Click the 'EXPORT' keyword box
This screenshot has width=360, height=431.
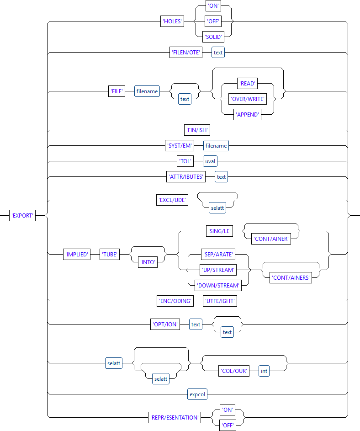(x=22, y=216)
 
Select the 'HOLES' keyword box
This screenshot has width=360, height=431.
(x=172, y=22)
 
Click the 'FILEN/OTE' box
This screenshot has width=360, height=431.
(x=186, y=53)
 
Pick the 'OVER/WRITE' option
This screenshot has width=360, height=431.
(x=247, y=99)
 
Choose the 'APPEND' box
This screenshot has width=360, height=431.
(x=247, y=114)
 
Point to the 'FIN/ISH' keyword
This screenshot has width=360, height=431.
(x=196, y=130)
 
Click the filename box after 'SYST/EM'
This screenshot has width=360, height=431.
(x=216, y=146)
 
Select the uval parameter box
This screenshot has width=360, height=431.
(x=210, y=161)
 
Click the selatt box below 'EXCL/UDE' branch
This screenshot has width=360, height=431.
(x=217, y=208)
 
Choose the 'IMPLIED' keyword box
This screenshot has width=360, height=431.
(x=76, y=255)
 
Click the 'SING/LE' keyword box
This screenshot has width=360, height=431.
(x=220, y=231)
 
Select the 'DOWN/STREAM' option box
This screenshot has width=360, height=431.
(x=217, y=285)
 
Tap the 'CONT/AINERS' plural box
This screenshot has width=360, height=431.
(x=291, y=278)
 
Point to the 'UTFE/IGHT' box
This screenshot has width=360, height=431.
(x=221, y=301)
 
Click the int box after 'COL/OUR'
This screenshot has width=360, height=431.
(x=264, y=371)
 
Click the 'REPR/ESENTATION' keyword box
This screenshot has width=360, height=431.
(x=175, y=417)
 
